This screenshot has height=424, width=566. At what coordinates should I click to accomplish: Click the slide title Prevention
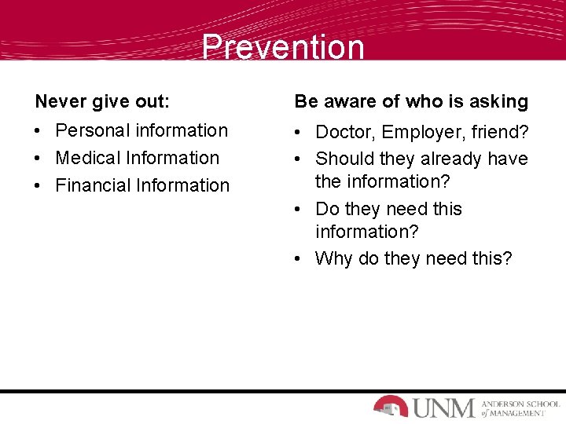(283, 47)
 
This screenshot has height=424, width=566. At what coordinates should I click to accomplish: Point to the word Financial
(94, 185)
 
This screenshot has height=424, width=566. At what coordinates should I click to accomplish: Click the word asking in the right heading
(495, 102)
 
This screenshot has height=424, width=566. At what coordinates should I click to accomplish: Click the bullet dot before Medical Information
(39, 159)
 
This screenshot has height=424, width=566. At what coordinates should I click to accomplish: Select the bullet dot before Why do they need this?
(300, 259)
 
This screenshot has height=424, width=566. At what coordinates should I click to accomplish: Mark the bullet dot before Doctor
(300, 132)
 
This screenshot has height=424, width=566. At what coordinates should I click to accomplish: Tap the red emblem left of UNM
(391, 405)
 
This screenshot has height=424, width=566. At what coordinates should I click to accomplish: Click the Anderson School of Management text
(513, 408)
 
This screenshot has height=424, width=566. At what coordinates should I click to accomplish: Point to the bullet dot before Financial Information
(39, 186)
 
